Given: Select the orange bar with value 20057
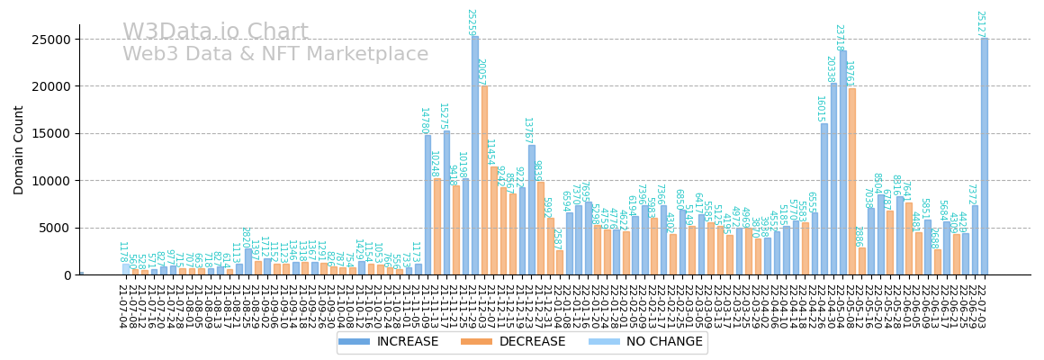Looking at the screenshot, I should point(484,180).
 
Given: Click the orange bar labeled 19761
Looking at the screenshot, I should point(852,181).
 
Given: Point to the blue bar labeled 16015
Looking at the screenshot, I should point(824,199).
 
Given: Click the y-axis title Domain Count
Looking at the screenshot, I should point(19,149).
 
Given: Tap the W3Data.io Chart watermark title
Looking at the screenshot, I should point(215,32).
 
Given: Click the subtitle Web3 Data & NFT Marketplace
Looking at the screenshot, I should point(275,55).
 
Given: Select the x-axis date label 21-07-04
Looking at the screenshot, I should point(121,306).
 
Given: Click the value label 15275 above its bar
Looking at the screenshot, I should point(442,116).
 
